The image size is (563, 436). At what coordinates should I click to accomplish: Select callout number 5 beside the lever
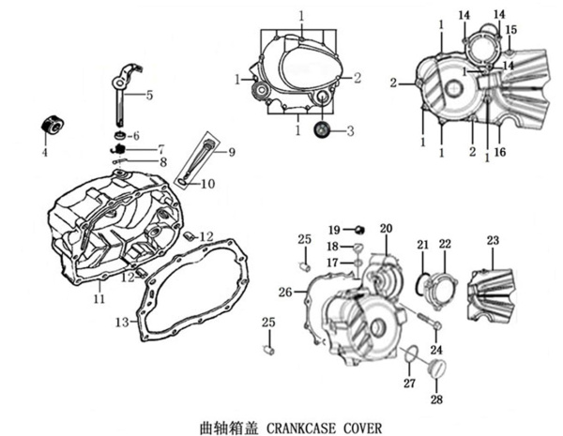pyautogui.click(x=148, y=95)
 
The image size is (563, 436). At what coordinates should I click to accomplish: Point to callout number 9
pyautogui.click(x=231, y=150)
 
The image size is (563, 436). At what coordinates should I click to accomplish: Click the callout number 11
pyautogui.click(x=99, y=299)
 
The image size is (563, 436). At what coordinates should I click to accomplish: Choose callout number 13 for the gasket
pyautogui.click(x=121, y=322)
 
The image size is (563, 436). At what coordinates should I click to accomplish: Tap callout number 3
pyautogui.click(x=350, y=131)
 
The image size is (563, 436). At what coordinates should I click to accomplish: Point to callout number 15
pyautogui.click(x=511, y=30)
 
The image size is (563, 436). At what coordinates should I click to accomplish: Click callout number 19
pyautogui.click(x=332, y=230)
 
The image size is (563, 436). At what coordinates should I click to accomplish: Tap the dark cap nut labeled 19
pyautogui.click(x=357, y=230)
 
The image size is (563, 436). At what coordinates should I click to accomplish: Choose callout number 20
pyautogui.click(x=386, y=230)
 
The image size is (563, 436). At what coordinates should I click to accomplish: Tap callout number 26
pyautogui.click(x=285, y=292)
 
